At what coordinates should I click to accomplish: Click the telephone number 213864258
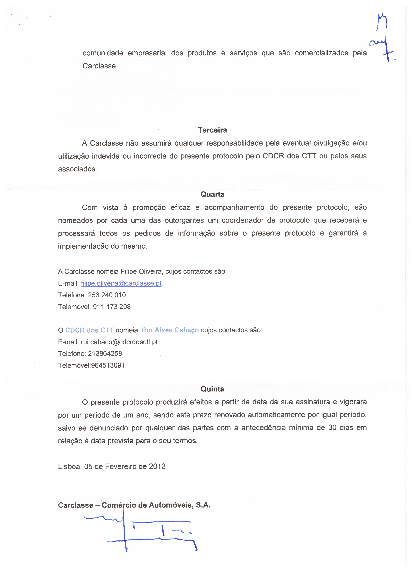(105, 354)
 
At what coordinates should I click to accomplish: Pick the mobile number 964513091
(108, 365)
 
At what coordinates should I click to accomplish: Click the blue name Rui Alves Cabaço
(170, 330)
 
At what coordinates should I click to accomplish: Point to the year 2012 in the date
(157, 466)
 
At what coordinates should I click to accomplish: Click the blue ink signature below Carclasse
(141, 530)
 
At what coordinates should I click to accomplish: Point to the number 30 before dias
(332, 428)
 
